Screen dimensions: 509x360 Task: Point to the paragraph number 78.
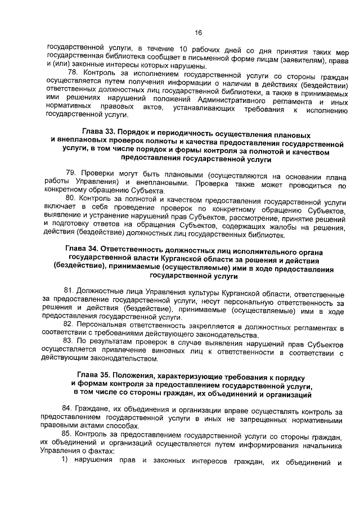(73, 73)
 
